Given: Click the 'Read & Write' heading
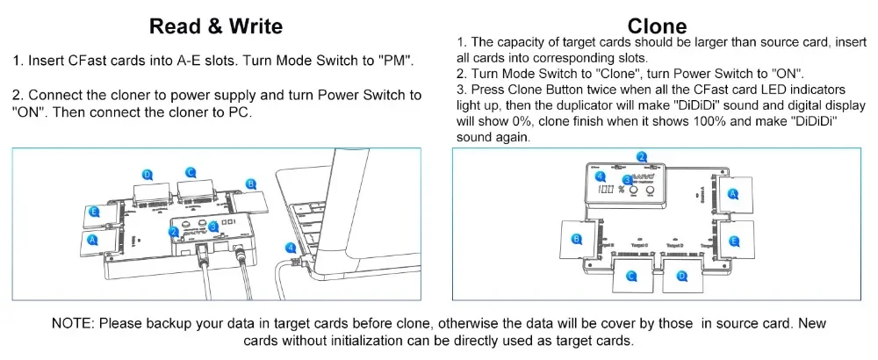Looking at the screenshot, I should click(216, 25).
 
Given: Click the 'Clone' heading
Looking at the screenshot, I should click(658, 25).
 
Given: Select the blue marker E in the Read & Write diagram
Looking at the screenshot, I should click(94, 212).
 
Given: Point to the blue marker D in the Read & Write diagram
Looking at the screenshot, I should click(148, 175).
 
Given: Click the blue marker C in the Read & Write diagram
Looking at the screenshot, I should click(191, 172).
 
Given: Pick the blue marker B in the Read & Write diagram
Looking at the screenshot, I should click(250, 184).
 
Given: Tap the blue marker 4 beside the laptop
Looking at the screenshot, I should click(291, 248).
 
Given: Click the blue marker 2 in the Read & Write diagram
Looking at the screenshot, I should click(175, 231).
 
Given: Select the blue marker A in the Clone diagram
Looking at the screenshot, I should click(734, 191).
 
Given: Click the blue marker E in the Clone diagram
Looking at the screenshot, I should click(734, 239).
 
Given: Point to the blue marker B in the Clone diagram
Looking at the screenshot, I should click(577, 239).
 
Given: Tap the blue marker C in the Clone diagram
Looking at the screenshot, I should click(630, 277).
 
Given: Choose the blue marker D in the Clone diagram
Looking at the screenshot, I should click(681, 277).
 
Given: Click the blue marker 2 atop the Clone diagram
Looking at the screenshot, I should click(642, 157).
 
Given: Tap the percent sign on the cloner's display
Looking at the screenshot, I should click(620, 191).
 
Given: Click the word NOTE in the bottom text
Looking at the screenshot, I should click(72, 323).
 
